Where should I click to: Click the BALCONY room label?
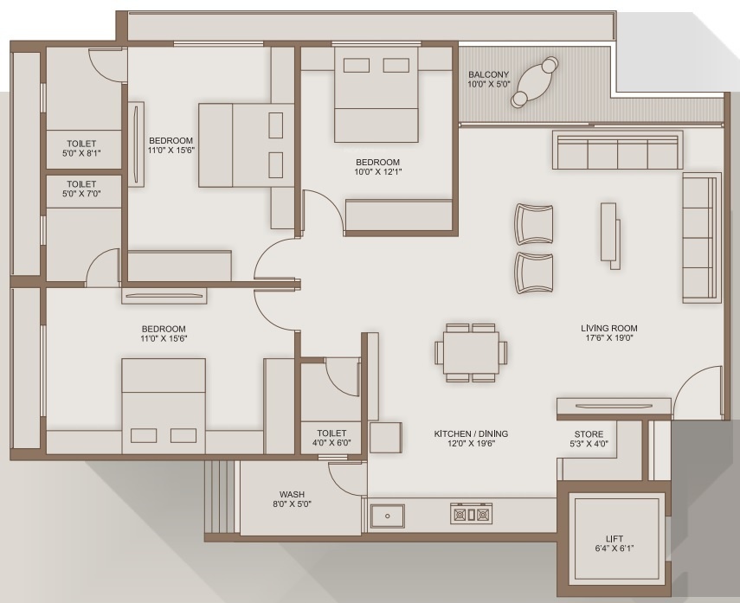pyautogui.click(x=489, y=74)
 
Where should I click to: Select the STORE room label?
pyautogui.click(x=589, y=434)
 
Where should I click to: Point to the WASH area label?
pyautogui.click(x=292, y=495)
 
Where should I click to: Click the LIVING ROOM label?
pyautogui.click(x=609, y=329)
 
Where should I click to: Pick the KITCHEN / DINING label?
pyautogui.click(x=471, y=433)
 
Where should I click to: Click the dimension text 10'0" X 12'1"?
pyautogui.click(x=378, y=172)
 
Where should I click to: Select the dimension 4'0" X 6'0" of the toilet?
pyautogui.click(x=331, y=444)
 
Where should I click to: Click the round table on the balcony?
pyautogui.click(x=535, y=82)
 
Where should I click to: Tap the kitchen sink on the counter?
pyautogui.click(x=387, y=516)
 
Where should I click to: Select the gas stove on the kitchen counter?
pyautogui.click(x=470, y=515)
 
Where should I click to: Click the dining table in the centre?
pyautogui.click(x=471, y=353)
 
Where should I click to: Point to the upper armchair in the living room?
pyautogui.click(x=533, y=224)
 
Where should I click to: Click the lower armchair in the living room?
pyautogui.click(x=533, y=273)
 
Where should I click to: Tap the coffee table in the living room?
pyautogui.click(x=610, y=232)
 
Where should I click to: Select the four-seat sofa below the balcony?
pyautogui.click(x=616, y=151)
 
